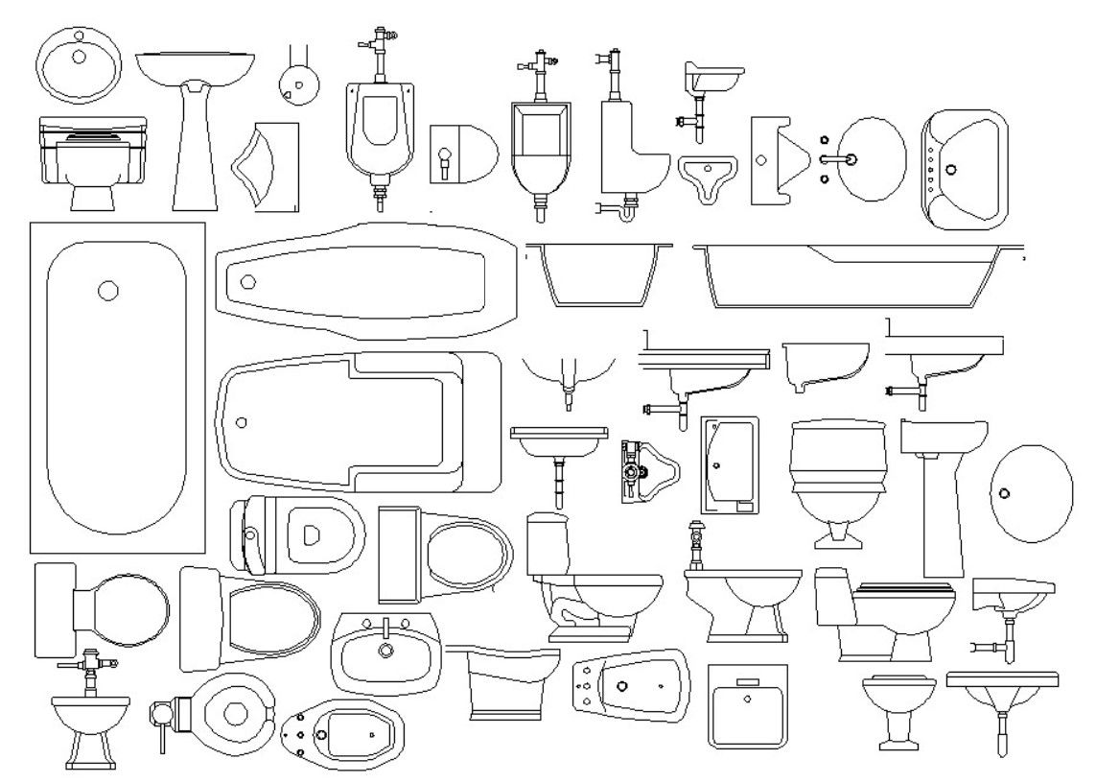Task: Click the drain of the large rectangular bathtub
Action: pyautogui.click(x=108, y=291)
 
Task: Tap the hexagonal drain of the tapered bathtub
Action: pyautogui.click(x=248, y=281)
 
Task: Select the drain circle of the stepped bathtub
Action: pyautogui.click(x=242, y=421)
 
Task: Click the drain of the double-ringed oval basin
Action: pyautogui.click(x=79, y=56)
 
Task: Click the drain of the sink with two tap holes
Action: pyautogui.click(x=386, y=652)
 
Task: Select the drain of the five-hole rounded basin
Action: pyautogui.click(x=951, y=169)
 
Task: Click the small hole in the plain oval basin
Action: pyautogui.click(x=1004, y=493)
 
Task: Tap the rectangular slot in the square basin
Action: pyautogui.click(x=746, y=682)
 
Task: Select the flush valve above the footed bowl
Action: pyautogui.click(x=88, y=665)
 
